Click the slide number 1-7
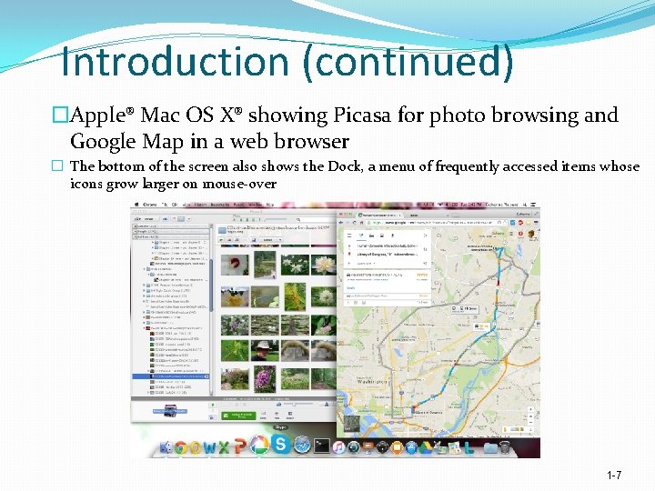[614, 476]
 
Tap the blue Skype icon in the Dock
[280, 444]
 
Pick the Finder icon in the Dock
[166, 447]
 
